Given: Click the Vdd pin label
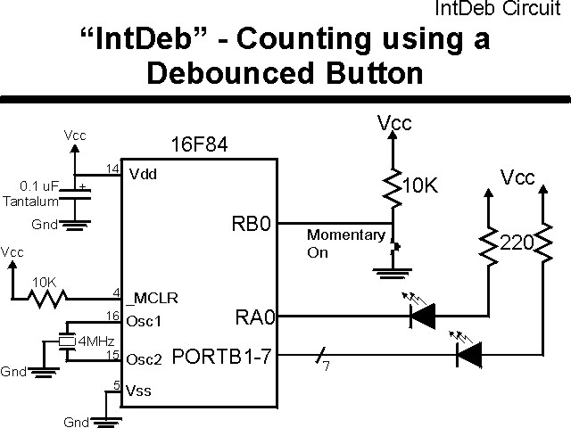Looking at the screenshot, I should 143,175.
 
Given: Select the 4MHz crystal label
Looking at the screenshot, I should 95,342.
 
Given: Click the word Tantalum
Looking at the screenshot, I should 30,201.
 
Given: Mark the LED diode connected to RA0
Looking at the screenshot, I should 420,314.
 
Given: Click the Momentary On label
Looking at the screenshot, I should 346,243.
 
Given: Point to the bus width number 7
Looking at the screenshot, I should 327,368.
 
